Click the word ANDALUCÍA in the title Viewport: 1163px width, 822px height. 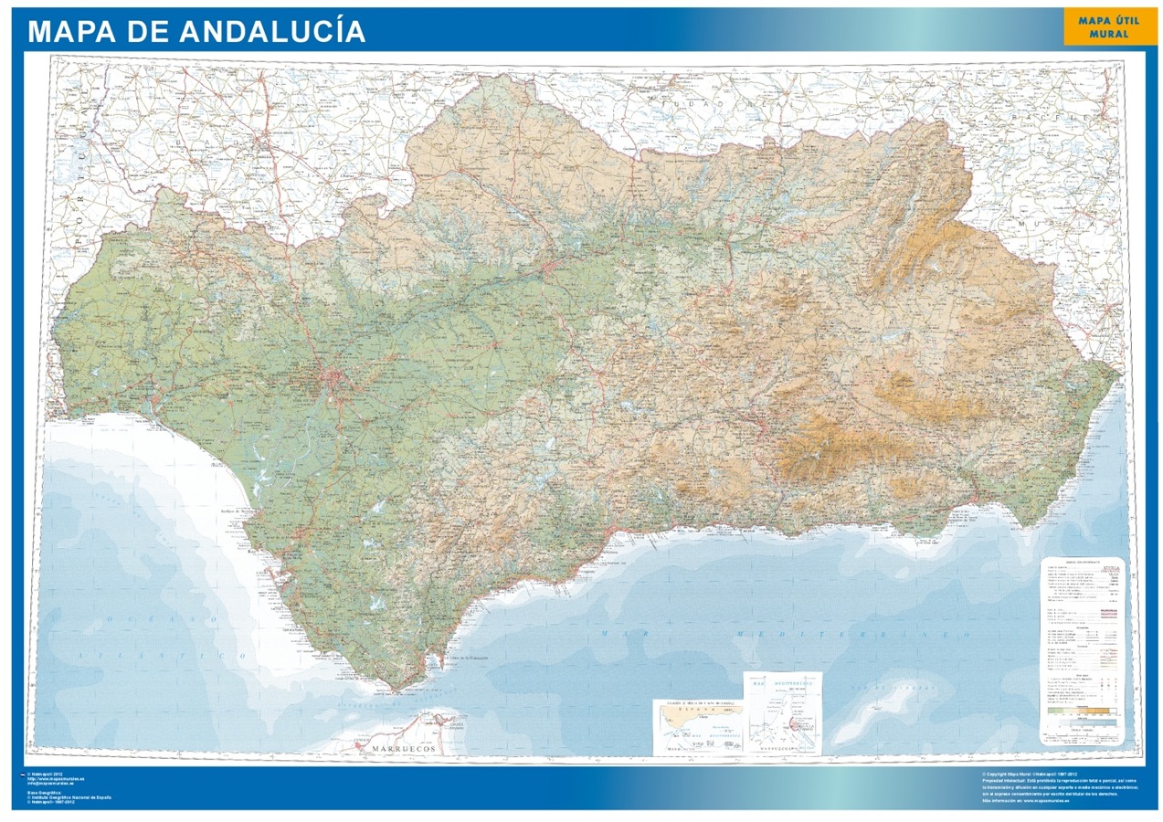273,31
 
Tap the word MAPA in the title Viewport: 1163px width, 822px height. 70,31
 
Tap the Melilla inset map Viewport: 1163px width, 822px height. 782,712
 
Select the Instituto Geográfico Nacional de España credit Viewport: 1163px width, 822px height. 69,797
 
